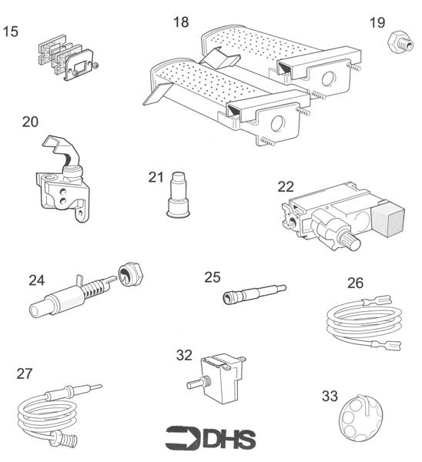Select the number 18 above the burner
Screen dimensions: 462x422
[x=180, y=22]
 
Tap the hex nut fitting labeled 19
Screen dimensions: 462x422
[x=399, y=41]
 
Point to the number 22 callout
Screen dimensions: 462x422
[x=286, y=186]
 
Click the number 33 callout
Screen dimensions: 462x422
[x=330, y=397]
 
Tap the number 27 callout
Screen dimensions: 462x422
[x=25, y=373]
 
